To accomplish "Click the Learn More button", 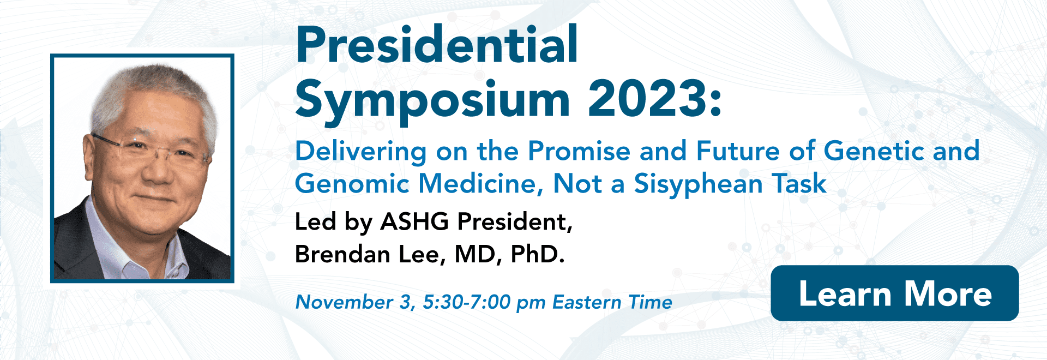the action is [x=894, y=293].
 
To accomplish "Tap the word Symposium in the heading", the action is [x=432, y=99].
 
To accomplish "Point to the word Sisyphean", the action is [x=698, y=184].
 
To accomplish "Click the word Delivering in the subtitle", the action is [x=361, y=152].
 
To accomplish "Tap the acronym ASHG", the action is [x=414, y=221].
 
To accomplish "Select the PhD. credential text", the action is [x=537, y=254].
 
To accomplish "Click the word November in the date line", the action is [x=344, y=302].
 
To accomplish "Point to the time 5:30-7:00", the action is [x=467, y=302].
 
